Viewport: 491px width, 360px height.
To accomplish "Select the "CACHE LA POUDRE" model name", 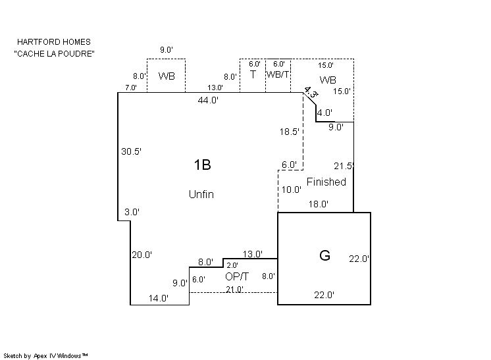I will pyautogui.click(x=54, y=53).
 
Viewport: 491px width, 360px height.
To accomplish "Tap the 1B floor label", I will pyautogui.click(x=202, y=165).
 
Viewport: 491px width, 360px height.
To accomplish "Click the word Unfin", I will pyautogui.click(x=201, y=195).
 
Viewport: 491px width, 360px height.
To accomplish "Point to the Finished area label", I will pyautogui.click(x=326, y=182).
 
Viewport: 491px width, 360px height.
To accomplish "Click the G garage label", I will pyautogui.click(x=324, y=256).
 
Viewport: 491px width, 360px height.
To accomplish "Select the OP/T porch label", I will pyautogui.click(x=237, y=276).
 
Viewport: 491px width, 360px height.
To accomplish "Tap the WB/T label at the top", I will pyautogui.click(x=278, y=74).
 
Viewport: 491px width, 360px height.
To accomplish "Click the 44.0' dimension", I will pyautogui.click(x=209, y=100).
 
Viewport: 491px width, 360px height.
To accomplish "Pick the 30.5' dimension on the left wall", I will pyautogui.click(x=131, y=151).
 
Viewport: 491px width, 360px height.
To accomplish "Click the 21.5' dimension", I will pyautogui.click(x=344, y=166).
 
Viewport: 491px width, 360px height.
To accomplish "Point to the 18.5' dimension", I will pyautogui.click(x=290, y=132).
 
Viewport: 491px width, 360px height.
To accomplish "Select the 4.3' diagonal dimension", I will pyautogui.click(x=311, y=92).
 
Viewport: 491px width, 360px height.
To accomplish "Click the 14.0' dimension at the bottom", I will pyautogui.click(x=159, y=298).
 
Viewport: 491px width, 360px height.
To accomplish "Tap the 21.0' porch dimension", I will pyautogui.click(x=235, y=289).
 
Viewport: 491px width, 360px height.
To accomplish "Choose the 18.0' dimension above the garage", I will pyautogui.click(x=319, y=205).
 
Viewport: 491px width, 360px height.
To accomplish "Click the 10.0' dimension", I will pyautogui.click(x=291, y=190).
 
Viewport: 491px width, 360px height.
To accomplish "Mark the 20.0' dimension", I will pyautogui.click(x=142, y=255).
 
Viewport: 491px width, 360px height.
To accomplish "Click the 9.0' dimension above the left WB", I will pyautogui.click(x=166, y=49).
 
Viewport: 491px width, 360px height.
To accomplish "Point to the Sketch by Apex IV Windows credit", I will pyautogui.click(x=46, y=355).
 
